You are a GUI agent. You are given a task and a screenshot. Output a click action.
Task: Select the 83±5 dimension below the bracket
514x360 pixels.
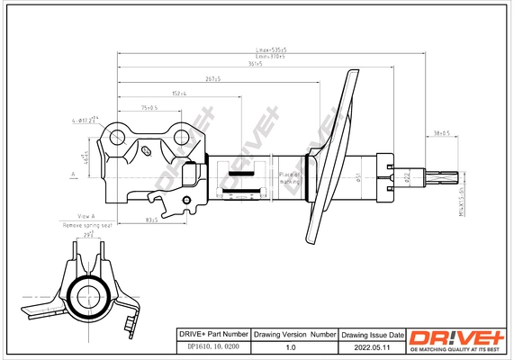(x=154, y=219)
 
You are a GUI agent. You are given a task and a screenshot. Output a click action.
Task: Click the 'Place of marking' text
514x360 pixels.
(x=290, y=177)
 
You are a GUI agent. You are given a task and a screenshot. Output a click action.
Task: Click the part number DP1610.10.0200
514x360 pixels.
(x=209, y=346)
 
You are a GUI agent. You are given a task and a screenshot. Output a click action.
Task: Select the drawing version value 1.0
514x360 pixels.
(x=290, y=346)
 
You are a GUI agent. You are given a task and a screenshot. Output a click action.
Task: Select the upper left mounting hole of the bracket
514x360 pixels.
(x=118, y=137)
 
